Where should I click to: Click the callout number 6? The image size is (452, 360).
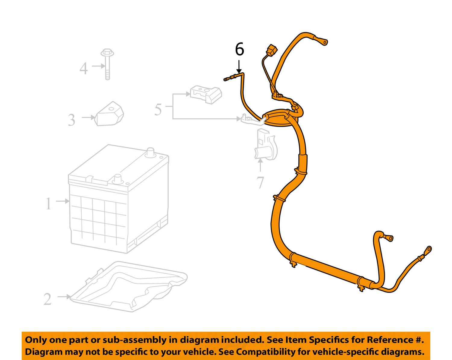(x=239, y=49)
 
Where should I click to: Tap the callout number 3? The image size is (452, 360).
(x=71, y=120)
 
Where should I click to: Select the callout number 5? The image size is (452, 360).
(x=158, y=109)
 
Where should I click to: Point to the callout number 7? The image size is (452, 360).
(x=260, y=182)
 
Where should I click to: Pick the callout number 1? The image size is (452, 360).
(x=49, y=204)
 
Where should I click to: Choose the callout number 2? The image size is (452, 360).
(x=48, y=299)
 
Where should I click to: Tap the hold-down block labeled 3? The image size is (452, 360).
(x=110, y=114)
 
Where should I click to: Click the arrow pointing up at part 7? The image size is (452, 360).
(x=260, y=166)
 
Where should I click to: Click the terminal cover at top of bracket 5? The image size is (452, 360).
(x=206, y=94)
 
